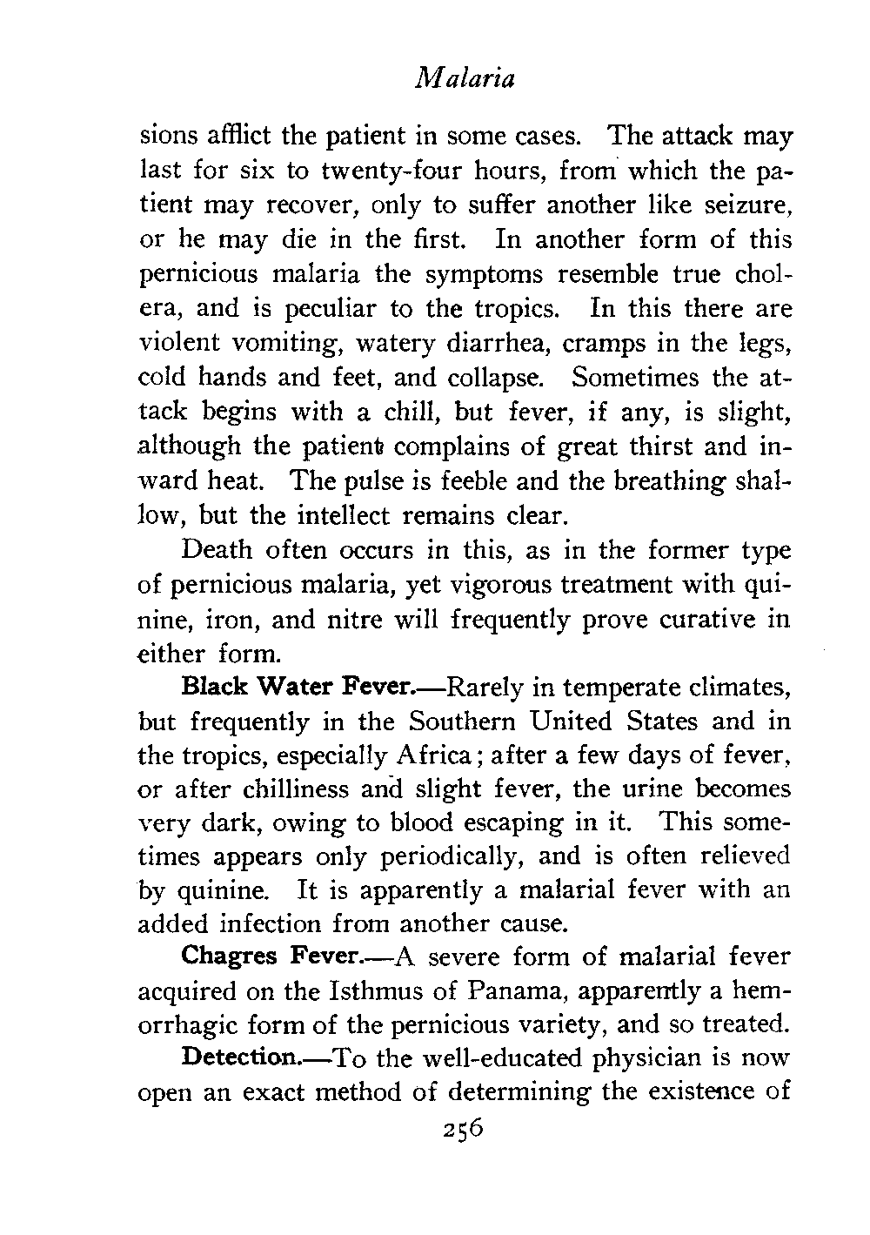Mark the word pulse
pos(371,480)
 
